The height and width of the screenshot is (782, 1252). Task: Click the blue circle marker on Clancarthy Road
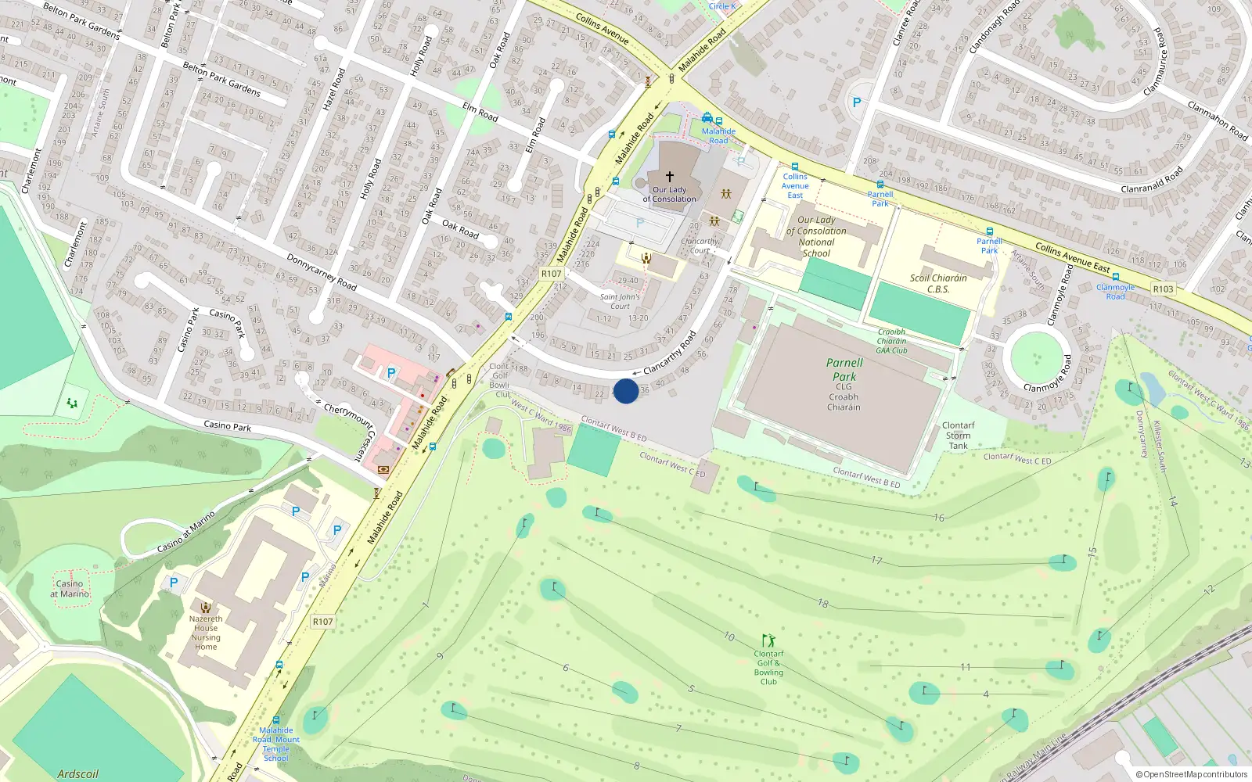pyautogui.click(x=625, y=391)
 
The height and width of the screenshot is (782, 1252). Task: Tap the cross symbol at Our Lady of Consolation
pyautogui.click(x=669, y=178)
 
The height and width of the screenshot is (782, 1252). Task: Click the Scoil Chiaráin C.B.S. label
pyautogui.click(x=938, y=283)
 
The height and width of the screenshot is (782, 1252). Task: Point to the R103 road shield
pyautogui.click(x=1163, y=289)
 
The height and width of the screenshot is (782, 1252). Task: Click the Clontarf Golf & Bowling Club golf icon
pyautogui.click(x=768, y=640)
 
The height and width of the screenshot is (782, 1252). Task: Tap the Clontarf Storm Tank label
pyautogui.click(x=958, y=436)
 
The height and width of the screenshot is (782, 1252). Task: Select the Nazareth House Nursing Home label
pyautogui.click(x=206, y=633)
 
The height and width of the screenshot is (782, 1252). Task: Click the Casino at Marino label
pyautogui.click(x=70, y=589)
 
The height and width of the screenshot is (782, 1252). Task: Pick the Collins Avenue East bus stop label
pyautogui.click(x=795, y=186)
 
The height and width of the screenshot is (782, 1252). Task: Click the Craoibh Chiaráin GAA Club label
pyautogui.click(x=891, y=341)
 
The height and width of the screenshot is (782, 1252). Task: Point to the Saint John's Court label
pyautogui.click(x=620, y=301)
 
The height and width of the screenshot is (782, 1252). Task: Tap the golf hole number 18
pyautogui.click(x=822, y=603)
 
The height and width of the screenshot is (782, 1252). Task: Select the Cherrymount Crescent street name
pyautogui.click(x=351, y=430)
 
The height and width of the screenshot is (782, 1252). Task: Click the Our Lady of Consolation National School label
pyautogui.click(x=816, y=236)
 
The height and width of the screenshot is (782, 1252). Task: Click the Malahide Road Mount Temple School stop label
pyautogui.click(x=276, y=744)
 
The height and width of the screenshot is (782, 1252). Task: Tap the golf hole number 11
pyautogui.click(x=965, y=667)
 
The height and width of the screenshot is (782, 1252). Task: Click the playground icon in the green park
pyautogui.click(x=72, y=404)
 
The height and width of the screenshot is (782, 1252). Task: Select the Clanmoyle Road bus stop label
pyautogui.click(x=1115, y=292)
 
